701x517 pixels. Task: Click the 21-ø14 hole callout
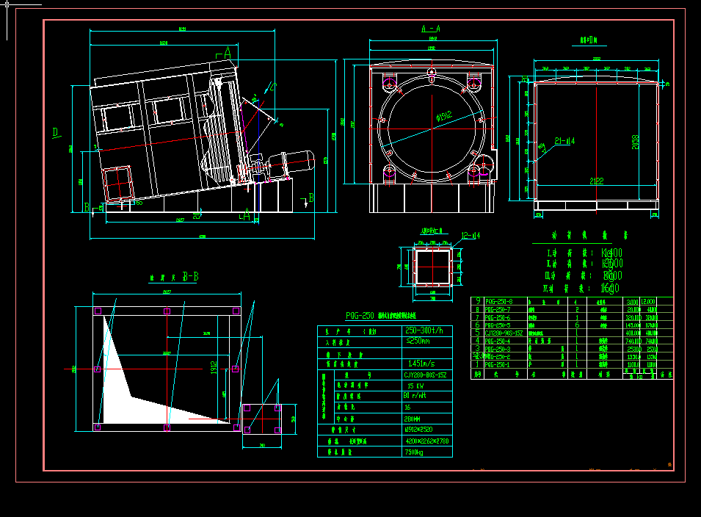point(564,140)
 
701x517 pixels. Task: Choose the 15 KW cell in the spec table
point(415,385)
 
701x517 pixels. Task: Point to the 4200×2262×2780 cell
point(426,441)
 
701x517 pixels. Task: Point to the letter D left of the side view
point(56,132)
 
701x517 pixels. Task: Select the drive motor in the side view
point(291,162)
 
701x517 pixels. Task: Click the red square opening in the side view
point(117,183)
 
